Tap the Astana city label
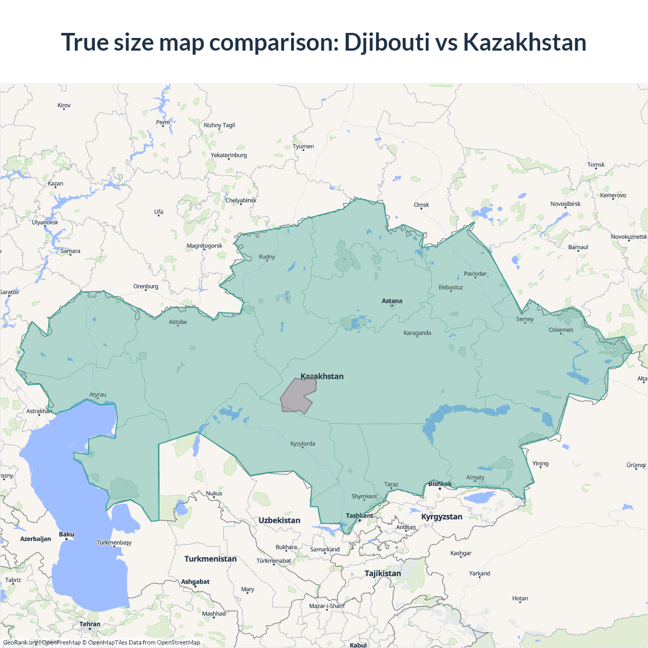pyautogui.click(x=392, y=301)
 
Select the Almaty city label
pyautogui.click(x=475, y=477)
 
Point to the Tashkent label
pyautogui.click(x=359, y=516)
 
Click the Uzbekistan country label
pyautogui.click(x=279, y=520)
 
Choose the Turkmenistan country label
pyautogui.click(x=210, y=559)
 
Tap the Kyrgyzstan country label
pyautogui.click(x=441, y=517)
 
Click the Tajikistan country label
pyautogui.click(x=383, y=574)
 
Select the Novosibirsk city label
pyautogui.click(x=565, y=204)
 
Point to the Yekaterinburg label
pyautogui.click(x=229, y=155)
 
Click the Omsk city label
pyautogui.click(x=421, y=205)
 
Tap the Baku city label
pyautogui.click(x=66, y=535)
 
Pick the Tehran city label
pyautogui.click(x=90, y=624)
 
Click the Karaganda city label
pyautogui.click(x=417, y=333)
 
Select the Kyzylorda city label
pyautogui.click(x=303, y=444)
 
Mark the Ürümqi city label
pyautogui.click(x=636, y=465)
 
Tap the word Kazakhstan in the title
pyautogui.click(x=524, y=42)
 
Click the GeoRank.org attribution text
pyautogui.click(x=20, y=642)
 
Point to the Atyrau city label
pyautogui.click(x=98, y=395)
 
